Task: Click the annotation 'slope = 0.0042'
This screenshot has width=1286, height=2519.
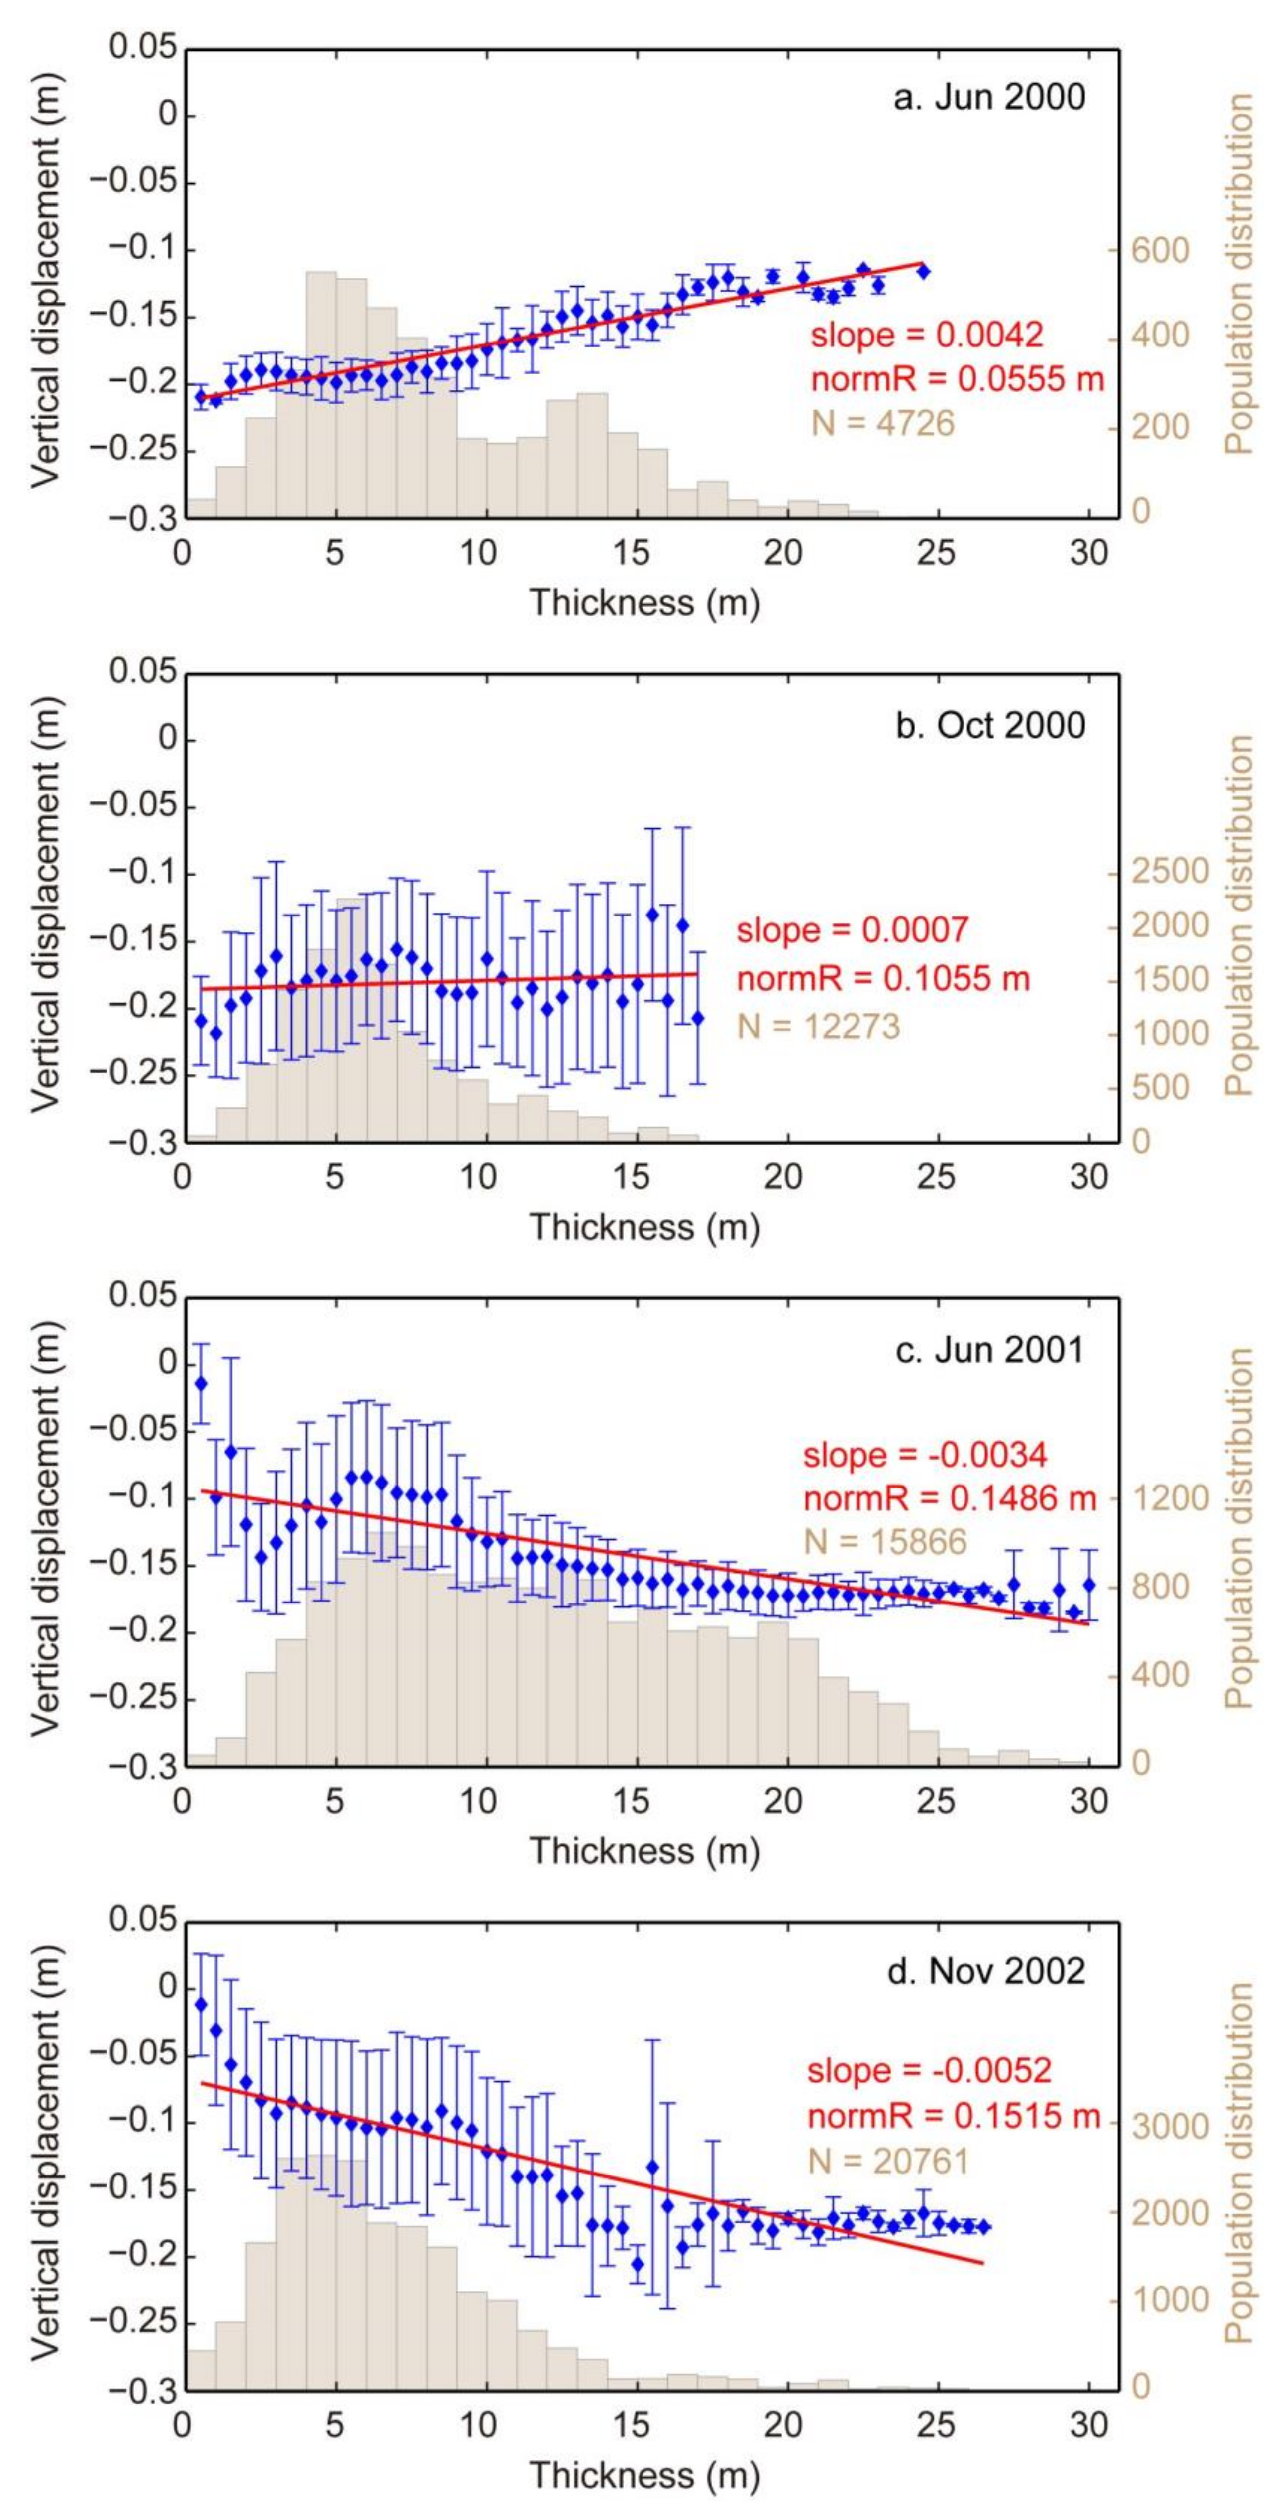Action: point(926,336)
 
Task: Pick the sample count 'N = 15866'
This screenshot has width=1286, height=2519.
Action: point(884,1542)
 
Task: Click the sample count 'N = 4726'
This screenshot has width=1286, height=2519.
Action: point(882,424)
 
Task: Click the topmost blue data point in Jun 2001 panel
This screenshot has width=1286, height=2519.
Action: point(202,1383)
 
